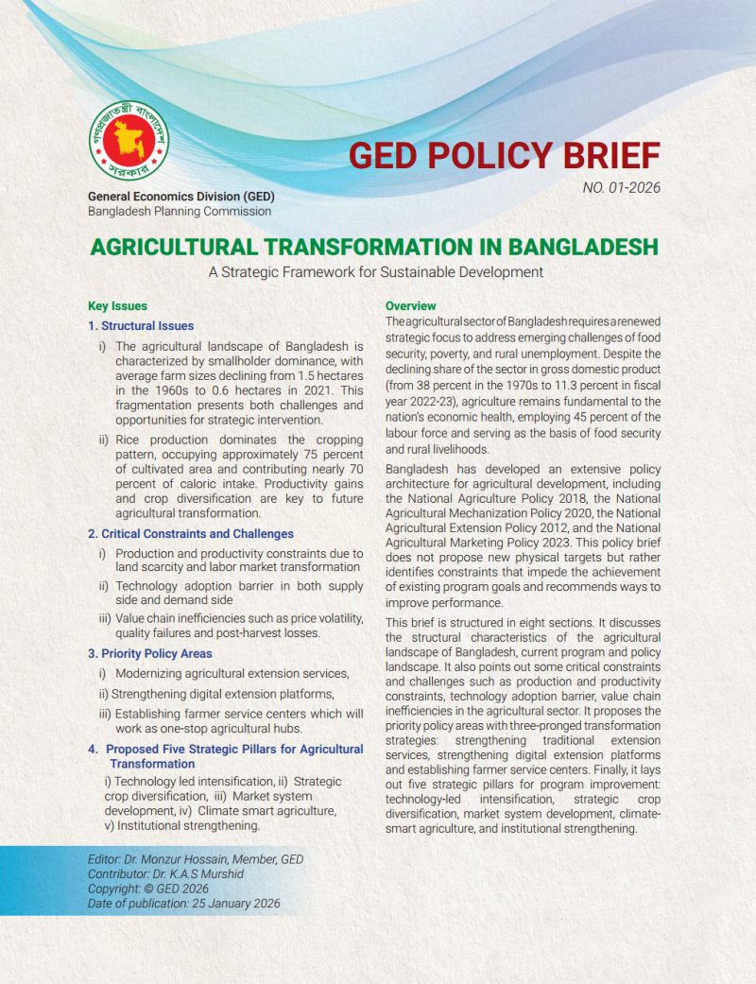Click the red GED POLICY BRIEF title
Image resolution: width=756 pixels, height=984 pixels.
[x=505, y=154]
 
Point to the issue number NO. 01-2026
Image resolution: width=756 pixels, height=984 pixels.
[x=621, y=187]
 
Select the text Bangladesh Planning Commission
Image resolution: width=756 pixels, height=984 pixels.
[x=180, y=211]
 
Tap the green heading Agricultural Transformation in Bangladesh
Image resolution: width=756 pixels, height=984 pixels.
[x=374, y=249]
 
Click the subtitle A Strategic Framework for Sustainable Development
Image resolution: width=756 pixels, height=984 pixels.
[x=377, y=272]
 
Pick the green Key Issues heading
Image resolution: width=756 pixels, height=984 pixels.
[x=117, y=307]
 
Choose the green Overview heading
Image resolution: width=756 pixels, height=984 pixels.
[x=410, y=306]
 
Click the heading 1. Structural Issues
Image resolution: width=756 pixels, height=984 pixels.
[x=141, y=326]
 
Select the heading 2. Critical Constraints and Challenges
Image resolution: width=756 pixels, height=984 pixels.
[x=191, y=534]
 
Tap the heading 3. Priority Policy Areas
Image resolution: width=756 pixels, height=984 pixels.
[x=150, y=653]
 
